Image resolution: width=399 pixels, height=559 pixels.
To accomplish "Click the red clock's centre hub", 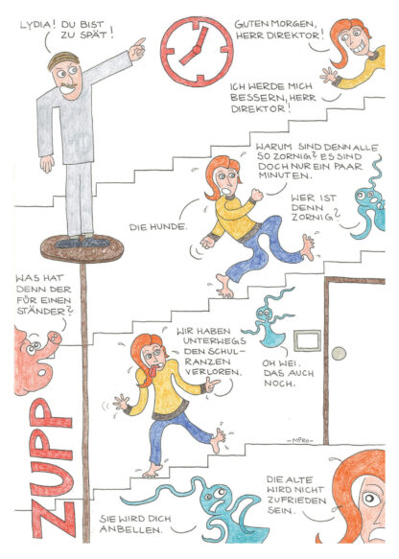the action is point(196,50).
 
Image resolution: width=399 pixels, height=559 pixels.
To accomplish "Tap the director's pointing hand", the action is point(137,49).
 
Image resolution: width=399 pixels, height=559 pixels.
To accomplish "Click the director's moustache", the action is point(69,86).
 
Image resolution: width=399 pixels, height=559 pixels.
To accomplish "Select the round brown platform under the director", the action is point(82,248).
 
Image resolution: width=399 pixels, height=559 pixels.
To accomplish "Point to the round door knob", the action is point(339,353).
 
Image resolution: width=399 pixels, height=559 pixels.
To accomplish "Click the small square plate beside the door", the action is point(307,340).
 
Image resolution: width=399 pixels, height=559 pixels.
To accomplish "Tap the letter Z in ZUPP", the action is point(54,520).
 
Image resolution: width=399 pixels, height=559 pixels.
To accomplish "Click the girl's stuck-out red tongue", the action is point(153,370).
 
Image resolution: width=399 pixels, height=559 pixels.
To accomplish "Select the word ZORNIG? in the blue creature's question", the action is point(316,216).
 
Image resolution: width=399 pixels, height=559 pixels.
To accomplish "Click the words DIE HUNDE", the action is point(158,226).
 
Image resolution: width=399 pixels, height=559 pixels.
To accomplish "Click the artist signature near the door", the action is point(300,441).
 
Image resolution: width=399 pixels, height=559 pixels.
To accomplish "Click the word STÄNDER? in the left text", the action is point(44,312).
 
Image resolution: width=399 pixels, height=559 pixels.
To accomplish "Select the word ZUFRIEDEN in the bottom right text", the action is point(296,501).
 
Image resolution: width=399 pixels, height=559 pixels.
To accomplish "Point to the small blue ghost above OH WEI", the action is point(269,322).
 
